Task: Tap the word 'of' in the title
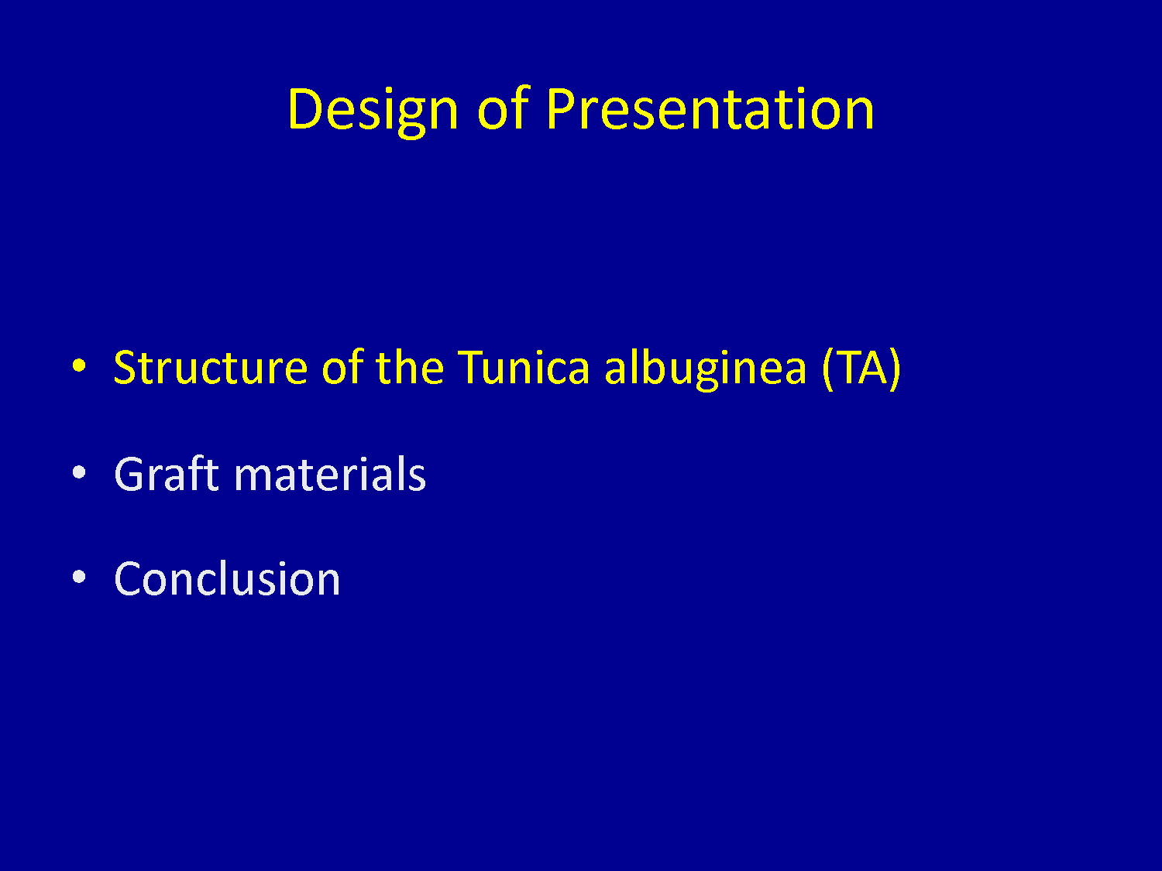click(x=503, y=108)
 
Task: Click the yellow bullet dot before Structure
click(x=79, y=365)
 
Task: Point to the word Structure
click(x=211, y=367)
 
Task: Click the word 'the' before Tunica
click(x=410, y=366)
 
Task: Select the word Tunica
click(x=524, y=366)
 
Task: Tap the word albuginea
click(x=706, y=369)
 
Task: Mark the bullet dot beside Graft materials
click(x=79, y=472)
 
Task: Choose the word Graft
click(x=167, y=473)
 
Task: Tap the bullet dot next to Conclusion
click(x=79, y=577)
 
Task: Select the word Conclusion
click(x=227, y=578)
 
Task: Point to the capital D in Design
click(x=304, y=109)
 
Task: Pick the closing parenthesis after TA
click(x=895, y=369)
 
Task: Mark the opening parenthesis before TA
click(x=828, y=369)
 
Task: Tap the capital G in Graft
click(x=130, y=474)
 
